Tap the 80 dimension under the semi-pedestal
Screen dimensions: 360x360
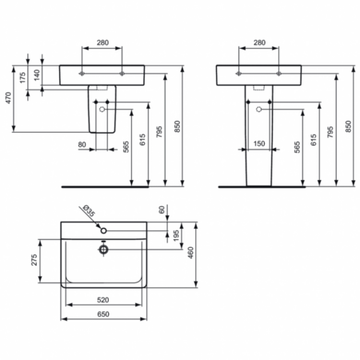82,145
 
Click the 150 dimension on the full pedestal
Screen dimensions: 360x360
258,145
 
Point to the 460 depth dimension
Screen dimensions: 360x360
190,254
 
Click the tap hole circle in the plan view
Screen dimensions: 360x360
103,231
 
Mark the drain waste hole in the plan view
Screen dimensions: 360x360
103,249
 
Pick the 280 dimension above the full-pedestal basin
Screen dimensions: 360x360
258,42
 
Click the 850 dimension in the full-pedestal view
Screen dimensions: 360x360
348,126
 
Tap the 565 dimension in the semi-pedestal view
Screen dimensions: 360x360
127,146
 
